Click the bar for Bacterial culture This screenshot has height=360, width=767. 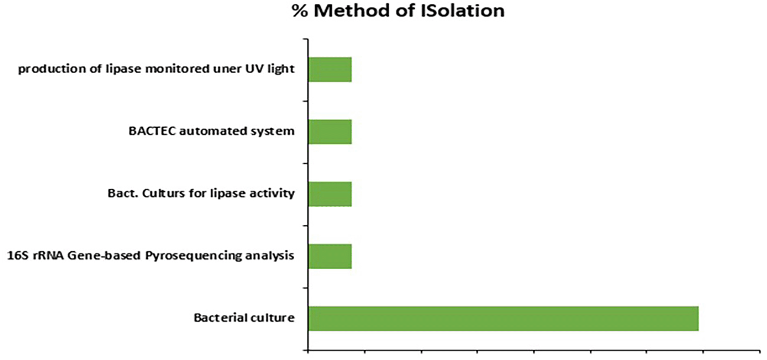(503, 318)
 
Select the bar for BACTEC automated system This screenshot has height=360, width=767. (330, 132)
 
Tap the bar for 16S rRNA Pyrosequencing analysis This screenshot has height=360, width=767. (330, 256)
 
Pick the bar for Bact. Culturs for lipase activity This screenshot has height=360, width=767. (330, 194)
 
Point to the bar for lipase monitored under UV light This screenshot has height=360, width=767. (330, 69)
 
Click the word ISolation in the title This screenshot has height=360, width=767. (462, 10)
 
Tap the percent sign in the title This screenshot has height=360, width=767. (300, 11)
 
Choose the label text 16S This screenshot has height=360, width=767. (18, 256)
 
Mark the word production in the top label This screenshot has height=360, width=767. (52, 69)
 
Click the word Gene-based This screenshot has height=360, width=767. (104, 256)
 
